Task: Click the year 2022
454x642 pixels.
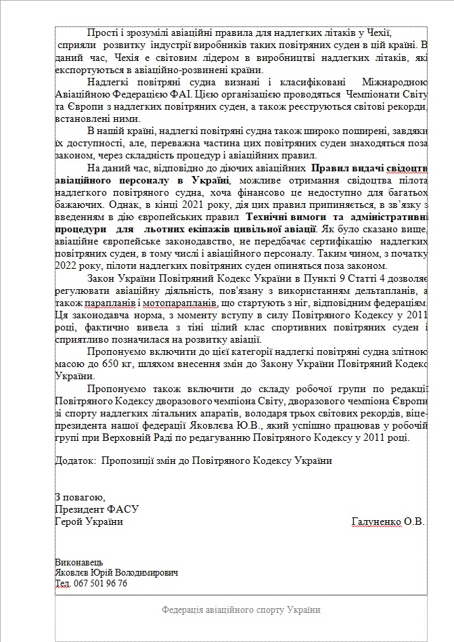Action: [66, 266]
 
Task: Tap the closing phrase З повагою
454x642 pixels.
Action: [80, 496]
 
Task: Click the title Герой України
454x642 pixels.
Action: [89, 521]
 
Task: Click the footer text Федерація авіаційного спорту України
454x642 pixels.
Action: [240, 609]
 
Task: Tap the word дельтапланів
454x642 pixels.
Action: [379, 291]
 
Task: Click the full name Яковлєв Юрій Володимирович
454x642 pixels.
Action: [116, 573]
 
